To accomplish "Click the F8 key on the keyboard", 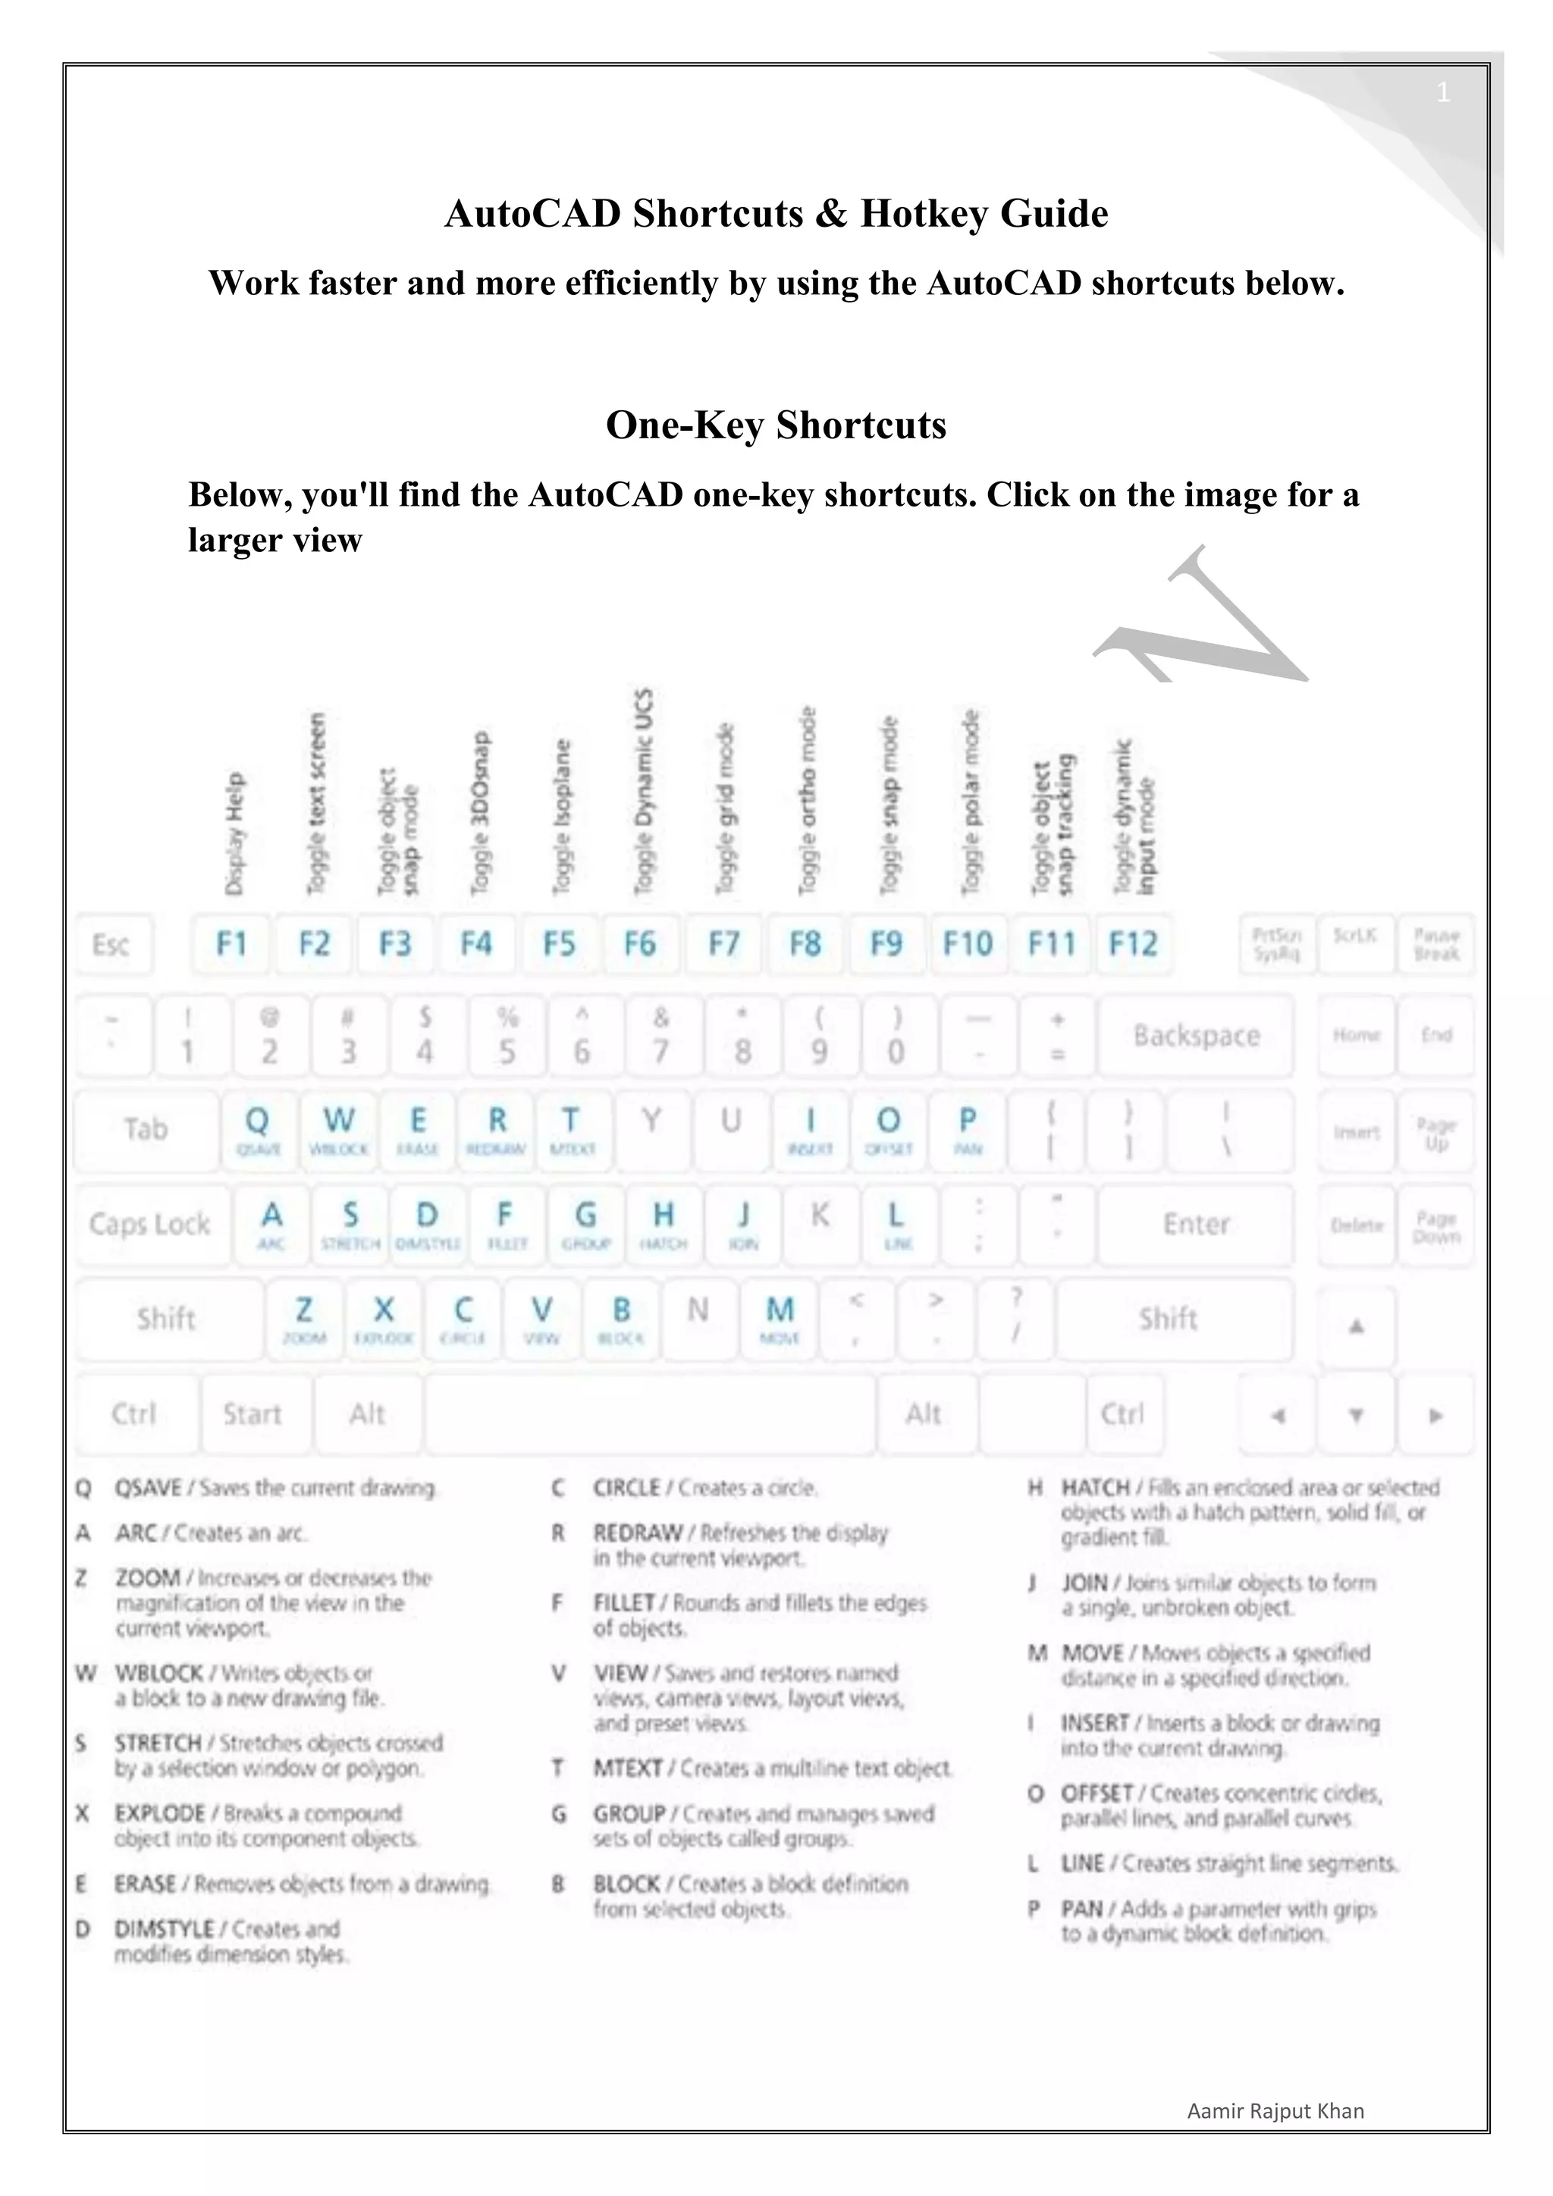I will [805, 945].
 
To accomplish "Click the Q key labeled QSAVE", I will [257, 1130].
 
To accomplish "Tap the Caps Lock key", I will [150, 1224].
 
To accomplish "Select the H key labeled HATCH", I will [663, 1224].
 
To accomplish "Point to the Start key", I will [253, 1413].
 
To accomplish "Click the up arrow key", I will [1355, 1326].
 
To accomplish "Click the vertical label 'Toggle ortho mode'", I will [808, 801].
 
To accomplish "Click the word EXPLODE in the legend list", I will [160, 1813].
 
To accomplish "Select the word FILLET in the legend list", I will [623, 1602].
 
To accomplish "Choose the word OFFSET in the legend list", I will [1097, 1793].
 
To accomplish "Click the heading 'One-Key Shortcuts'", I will [776, 425].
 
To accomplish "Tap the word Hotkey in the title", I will [924, 212].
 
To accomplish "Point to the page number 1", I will [1443, 93].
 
